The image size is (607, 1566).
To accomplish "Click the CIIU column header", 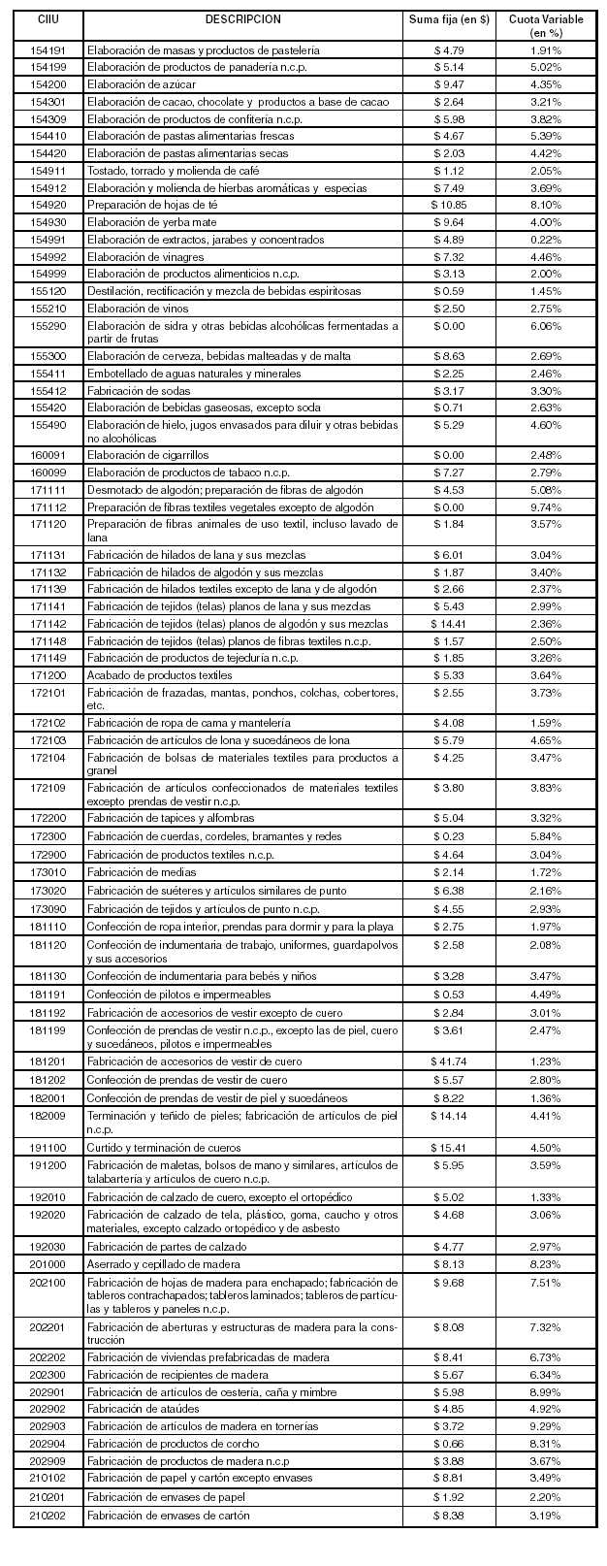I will [x=48, y=19].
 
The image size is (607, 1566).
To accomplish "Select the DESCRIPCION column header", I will [x=242, y=19].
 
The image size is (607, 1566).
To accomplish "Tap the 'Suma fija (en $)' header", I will [x=449, y=19].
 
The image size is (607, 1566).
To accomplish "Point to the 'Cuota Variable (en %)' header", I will [x=546, y=25].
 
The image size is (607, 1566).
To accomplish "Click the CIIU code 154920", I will [x=48, y=205].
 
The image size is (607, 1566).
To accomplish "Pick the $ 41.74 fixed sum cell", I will [x=449, y=1061].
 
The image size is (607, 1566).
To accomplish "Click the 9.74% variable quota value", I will [x=546, y=507].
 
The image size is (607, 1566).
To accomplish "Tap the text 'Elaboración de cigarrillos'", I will [x=147, y=455].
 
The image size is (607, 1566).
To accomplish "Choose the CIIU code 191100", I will [x=48, y=1147].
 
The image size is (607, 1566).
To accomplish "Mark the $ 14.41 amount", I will [x=449, y=624].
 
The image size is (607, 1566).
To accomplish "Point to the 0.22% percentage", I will [x=546, y=240].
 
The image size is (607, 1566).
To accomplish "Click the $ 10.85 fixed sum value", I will [x=449, y=205].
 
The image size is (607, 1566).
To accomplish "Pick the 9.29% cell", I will [x=546, y=1426].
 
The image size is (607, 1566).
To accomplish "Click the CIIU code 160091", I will [x=48, y=455].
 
